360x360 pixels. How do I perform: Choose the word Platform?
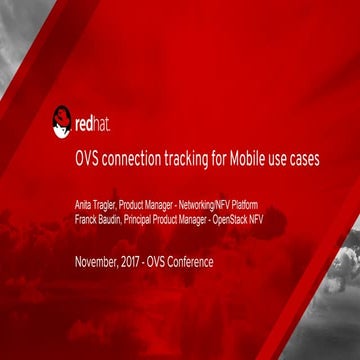258,204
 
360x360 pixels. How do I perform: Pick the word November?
98,263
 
